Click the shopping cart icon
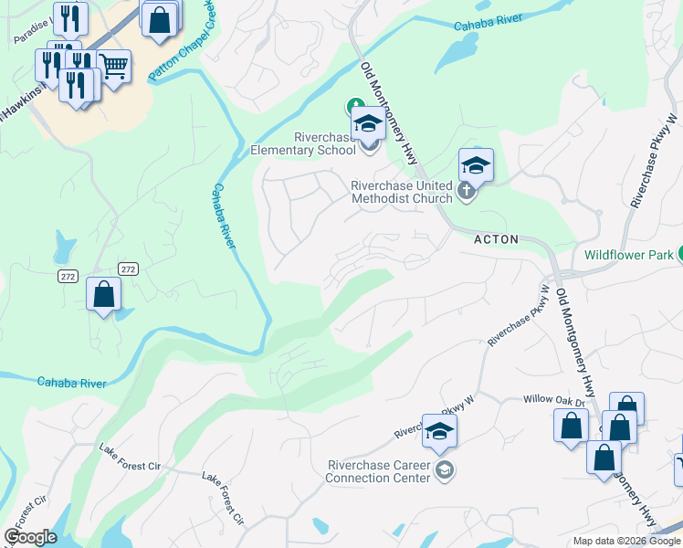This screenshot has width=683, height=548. pyautogui.click(x=113, y=67)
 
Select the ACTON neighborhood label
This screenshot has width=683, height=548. pyautogui.click(x=496, y=239)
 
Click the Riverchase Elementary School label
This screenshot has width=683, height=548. pyautogui.click(x=311, y=143)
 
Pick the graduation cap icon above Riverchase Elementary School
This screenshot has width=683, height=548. pyautogui.click(x=368, y=124)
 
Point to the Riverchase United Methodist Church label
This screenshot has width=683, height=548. pyautogui.click(x=402, y=192)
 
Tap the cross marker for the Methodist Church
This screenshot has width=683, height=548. pyautogui.click(x=467, y=191)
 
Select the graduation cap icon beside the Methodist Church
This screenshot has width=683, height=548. pyautogui.click(x=476, y=165)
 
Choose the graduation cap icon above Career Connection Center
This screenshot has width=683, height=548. pyautogui.click(x=439, y=432)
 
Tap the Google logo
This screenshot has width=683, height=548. pyautogui.click(x=30, y=538)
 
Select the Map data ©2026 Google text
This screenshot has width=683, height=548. pyautogui.click(x=626, y=541)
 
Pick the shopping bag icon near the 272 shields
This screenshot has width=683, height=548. pyautogui.click(x=103, y=295)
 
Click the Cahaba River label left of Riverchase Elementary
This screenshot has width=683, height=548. pyautogui.click(x=225, y=216)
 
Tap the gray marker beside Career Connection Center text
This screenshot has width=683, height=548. pyautogui.click(x=445, y=471)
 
